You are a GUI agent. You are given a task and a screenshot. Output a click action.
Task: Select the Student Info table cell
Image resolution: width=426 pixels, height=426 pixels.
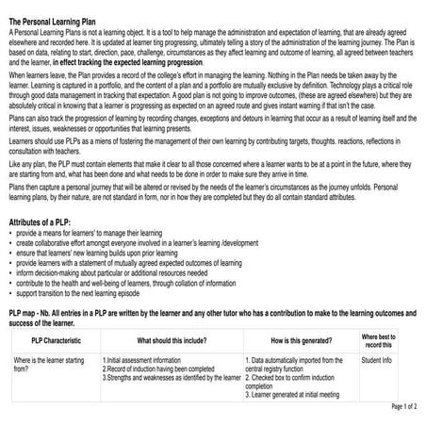[x=376, y=360]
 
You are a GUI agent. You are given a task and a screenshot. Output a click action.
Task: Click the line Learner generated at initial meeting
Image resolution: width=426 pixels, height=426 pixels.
[x=292, y=395]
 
